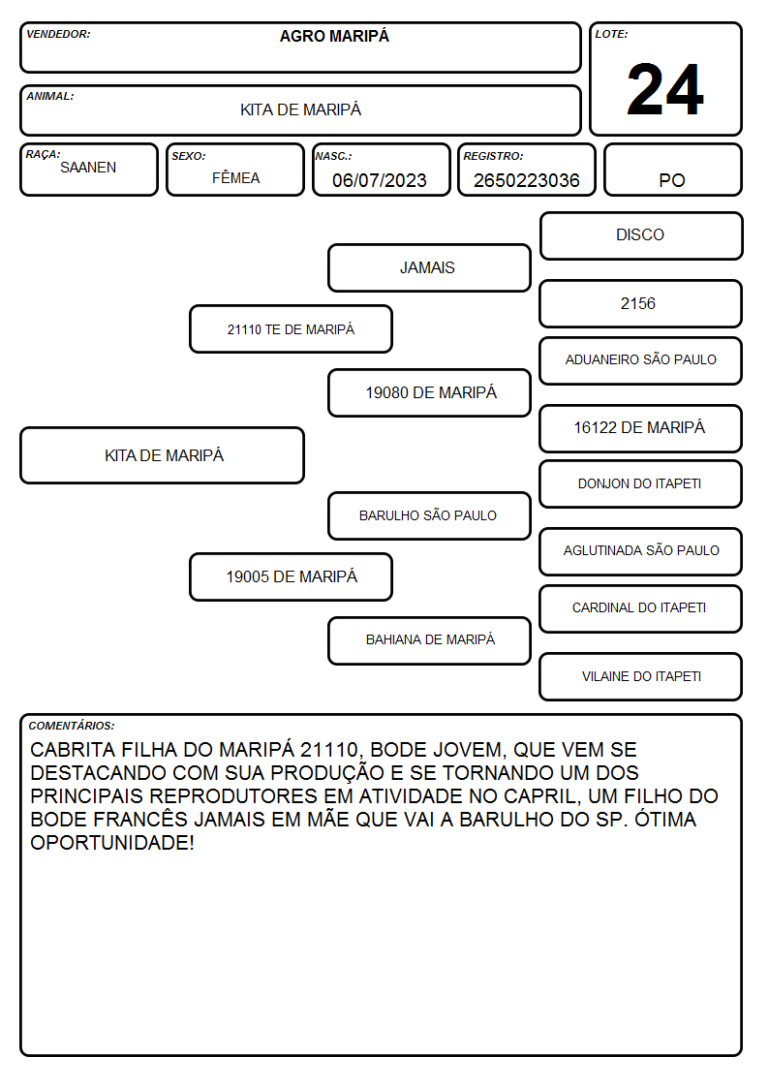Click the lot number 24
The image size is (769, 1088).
point(665,89)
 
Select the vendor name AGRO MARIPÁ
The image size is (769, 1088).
point(334,36)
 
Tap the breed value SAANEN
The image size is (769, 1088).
point(88,168)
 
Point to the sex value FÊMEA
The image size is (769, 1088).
point(235,177)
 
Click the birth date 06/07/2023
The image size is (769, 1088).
point(380,180)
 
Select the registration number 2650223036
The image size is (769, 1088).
point(526,180)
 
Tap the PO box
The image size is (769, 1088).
point(672,170)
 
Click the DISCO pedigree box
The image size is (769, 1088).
point(641,236)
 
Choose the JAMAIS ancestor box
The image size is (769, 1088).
point(429,267)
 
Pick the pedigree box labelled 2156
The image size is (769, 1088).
point(641,304)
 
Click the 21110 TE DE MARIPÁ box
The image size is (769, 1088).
point(292,328)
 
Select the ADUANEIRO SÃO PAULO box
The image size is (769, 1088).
point(641,360)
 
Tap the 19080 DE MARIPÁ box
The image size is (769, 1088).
point(429,392)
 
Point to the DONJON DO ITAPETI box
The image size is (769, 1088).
point(641,484)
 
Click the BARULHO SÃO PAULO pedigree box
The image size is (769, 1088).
point(429,516)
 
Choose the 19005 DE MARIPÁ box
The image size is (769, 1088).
point(292,577)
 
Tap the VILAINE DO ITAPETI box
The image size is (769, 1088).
point(641,676)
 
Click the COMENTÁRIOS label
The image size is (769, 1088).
point(72,726)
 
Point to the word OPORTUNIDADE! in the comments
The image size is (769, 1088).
point(112,843)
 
